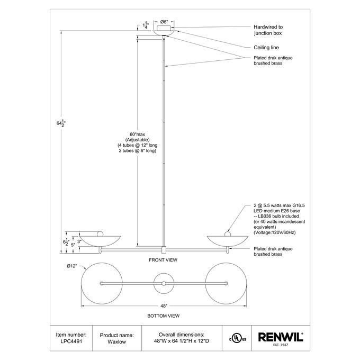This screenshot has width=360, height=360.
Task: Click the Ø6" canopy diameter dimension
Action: (x=164, y=22)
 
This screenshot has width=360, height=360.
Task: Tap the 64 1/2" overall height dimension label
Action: (x=61, y=123)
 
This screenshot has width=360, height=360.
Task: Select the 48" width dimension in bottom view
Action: (x=164, y=306)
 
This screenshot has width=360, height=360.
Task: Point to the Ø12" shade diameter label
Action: (x=71, y=266)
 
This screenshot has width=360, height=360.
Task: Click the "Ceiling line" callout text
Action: (x=266, y=48)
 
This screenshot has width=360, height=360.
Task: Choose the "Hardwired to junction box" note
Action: (x=268, y=30)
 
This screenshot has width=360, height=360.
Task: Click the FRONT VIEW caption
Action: (x=163, y=260)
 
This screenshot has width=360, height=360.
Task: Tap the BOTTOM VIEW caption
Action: (x=163, y=316)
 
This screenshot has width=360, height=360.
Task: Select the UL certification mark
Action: (x=237, y=338)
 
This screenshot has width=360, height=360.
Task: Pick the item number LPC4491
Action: (x=71, y=341)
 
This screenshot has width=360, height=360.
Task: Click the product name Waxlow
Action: (x=116, y=341)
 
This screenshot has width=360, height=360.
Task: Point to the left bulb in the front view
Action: (x=100, y=234)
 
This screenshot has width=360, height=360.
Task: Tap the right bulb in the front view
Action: (x=227, y=234)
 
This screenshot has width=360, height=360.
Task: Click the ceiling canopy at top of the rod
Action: (x=164, y=31)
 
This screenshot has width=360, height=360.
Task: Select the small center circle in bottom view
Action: (x=164, y=284)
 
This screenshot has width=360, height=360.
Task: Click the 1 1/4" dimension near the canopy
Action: (x=146, y=25)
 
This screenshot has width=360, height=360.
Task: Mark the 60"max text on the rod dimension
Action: (x=137, y=134)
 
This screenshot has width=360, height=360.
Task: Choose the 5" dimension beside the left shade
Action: (x=73, y=245)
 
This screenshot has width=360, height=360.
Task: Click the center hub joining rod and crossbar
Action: (x=164, y=250)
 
